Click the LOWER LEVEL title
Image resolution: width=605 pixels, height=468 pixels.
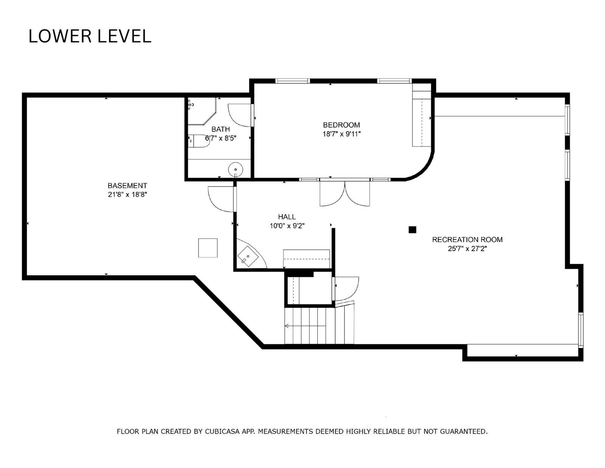pos(90,36)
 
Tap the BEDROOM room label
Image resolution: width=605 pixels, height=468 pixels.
pos(341,125)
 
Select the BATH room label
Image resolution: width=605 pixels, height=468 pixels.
pos(220,129)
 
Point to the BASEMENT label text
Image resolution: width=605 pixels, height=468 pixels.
pos(127,186)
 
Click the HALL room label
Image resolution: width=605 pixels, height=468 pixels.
pos(287,217)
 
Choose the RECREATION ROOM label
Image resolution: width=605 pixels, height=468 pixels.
pos(467,240)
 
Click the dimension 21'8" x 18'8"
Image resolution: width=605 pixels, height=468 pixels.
pos(127,195)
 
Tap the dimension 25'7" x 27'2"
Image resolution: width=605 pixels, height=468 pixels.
pos(467,249)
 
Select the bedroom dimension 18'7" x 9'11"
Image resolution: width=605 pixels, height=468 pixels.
pos(341,134)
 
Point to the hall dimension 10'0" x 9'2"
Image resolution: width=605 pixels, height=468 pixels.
pos(287,226)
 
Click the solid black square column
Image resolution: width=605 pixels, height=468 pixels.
pos(412,230)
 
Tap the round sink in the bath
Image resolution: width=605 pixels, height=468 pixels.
pos(236,169)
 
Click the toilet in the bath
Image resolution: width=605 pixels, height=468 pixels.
pos(199,141)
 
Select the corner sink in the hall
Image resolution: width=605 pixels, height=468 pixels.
pos(248,256)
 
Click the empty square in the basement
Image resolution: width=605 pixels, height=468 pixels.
pos(208,248)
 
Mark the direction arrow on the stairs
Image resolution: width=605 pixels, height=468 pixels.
pos(305,326)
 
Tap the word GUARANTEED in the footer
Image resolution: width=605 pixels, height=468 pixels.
pos(463,432)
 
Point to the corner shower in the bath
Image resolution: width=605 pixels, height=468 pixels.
pos(202,111)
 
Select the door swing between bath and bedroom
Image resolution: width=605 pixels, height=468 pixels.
pos(240,115)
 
